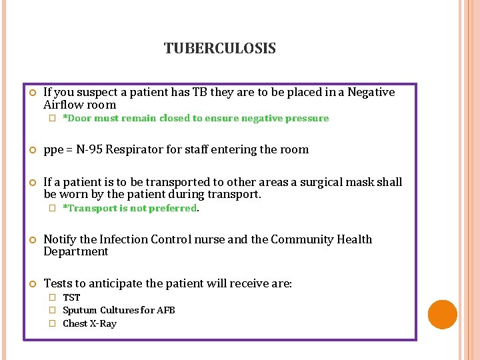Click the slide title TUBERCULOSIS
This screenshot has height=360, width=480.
pyautogui.click(x=219, y=49)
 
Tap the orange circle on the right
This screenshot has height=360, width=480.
pyautogui.click(x=442, y=315)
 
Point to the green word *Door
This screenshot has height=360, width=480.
pyautogui.click(x=77, y=118)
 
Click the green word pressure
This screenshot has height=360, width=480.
pyautogui.click(x=306, y=118)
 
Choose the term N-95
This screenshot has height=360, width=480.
pyautogui.click(x=89, y=149)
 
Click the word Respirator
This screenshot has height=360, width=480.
pyautogui.click(x=134, y=149)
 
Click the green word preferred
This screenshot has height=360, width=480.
pyautogui.click(x=175, y=208)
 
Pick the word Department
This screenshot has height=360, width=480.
pyautogui.click(x=75, y=251)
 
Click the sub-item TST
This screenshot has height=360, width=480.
pyautogui.click(x=71, y=297)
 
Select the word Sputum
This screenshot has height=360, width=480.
pyautogui.click(x=79, y=310)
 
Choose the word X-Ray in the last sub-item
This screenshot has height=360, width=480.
pyautogui.click(x=103, y=323)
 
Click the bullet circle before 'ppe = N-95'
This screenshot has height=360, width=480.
pyautogui.click(x=31, y=150)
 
